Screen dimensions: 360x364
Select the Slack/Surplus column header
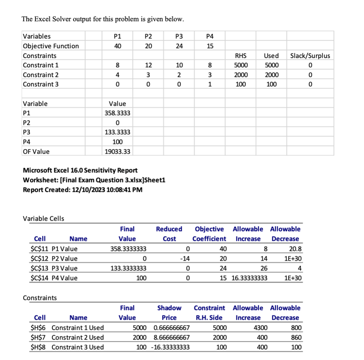[x=310, y=55]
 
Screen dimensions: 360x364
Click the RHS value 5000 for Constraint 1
[x=240, y=65]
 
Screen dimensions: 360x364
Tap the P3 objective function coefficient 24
[x=179, y=46]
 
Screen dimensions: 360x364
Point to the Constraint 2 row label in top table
[x=41, y=75]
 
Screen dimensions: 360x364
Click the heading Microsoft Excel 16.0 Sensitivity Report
[x=80, y=170]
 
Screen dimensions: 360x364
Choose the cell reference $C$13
[x=40, y=268]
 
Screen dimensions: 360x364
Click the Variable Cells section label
[x=43, y=219]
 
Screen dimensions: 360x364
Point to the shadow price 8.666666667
[x=171, y=337]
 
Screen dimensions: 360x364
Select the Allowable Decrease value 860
[x=294, y=337]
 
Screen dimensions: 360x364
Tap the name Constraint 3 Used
[x=77, y=347]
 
